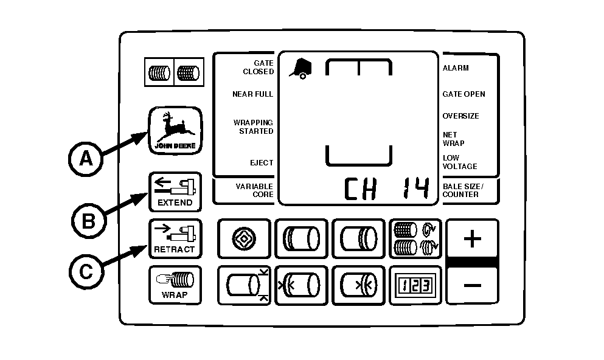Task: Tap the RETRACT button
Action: tap(175, 238)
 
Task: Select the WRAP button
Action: tap(175, 285)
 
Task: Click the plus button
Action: tap(472, 239)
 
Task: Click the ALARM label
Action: tap(456, 68)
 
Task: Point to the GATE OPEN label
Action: tap(463, 94)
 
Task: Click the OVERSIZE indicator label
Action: tap(460, 116)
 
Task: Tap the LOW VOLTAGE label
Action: tap(459, 162)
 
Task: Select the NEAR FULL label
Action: tap(252, 94)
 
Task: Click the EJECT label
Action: tap(262, 163)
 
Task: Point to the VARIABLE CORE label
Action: tap(254, 190)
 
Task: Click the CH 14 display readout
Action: tap(386, 190)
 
